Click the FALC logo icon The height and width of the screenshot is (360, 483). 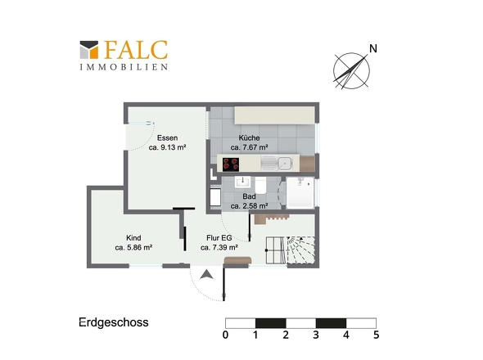tap(89, 51)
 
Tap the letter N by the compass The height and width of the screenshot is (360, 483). tap(373, 49)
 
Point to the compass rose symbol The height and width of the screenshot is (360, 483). tap(351, 69)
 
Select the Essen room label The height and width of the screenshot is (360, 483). tap(168, 138)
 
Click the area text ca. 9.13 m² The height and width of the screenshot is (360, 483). tap(168, 149)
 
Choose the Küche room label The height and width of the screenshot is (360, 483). tap(249, 138)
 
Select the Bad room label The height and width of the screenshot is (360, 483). tap(249, 196)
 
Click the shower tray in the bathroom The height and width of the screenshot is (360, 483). tap(300, 195)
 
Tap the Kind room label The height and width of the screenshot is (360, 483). tap(133, 237)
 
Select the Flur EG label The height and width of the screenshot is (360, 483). tap(218, 237)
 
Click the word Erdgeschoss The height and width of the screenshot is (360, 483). tap(113, 322)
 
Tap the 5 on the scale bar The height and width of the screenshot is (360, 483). tap(376, 335)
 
